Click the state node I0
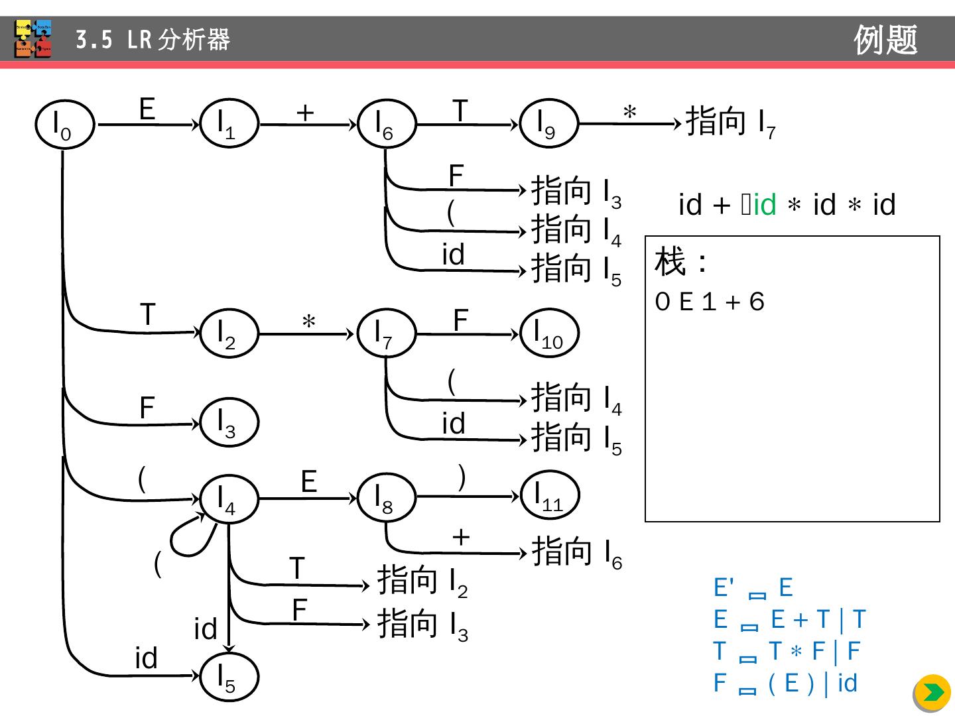pos(64,125)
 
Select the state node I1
pos(229,123)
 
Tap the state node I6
pos(386,124)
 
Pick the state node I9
pos(548,123)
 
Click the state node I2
pos(229,333)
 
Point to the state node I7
pos(386,333)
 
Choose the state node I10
pos(550,333)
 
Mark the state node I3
pos(229,422)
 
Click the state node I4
pos(229,499)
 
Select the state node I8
pos(386,498)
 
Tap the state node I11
pos(550,495)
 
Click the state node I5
pos(229,677)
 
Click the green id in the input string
pos(764,205)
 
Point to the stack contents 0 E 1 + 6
pos(710,302)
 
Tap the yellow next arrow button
pos(932,693)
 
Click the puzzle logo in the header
pos(33,39)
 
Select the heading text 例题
pos(885,40)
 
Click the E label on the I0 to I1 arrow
pos(147,109)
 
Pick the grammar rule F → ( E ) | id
pos(785,684)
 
